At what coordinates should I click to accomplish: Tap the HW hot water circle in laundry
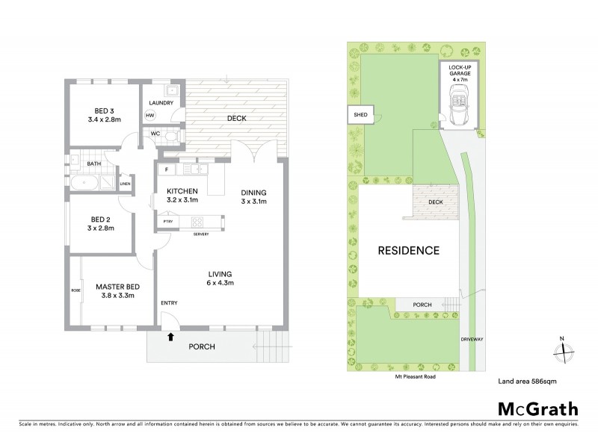pyautogui.click(x=149, y=116)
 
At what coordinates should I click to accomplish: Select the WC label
pyautogui.click(x=155, y=134)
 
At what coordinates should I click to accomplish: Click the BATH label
pyautogui.click(x=94, y=163)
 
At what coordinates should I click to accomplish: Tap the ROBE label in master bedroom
pyautogui.click(x=75, y=290)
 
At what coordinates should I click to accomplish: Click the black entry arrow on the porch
pyautogui.click(x=171, y=337)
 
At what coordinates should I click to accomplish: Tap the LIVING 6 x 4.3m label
pyautogui.click(x=221, y=279)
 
